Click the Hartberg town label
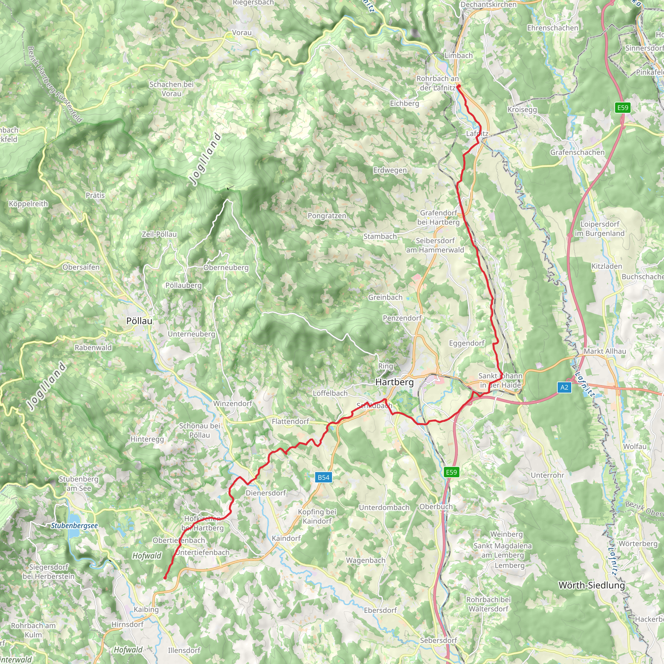point(394,382)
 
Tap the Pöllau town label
point(139,321)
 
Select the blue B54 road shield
point(323,477)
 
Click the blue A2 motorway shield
point(564,388)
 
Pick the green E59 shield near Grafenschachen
point(623,108)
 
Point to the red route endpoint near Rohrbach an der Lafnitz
point(458,86)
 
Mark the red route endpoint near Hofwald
point(165,578)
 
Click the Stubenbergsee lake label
point(74,526)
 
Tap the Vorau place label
point(242,33)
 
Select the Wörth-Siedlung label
point(592,585)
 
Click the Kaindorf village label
point(286,538)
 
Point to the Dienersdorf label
point(266,493)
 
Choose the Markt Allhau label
point(605,351)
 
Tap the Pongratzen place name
point(327,216)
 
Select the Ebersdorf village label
point(380,611)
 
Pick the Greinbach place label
point(385,297)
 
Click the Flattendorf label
point(290,421)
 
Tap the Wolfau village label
point(635,446)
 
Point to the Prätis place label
point(95,195)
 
